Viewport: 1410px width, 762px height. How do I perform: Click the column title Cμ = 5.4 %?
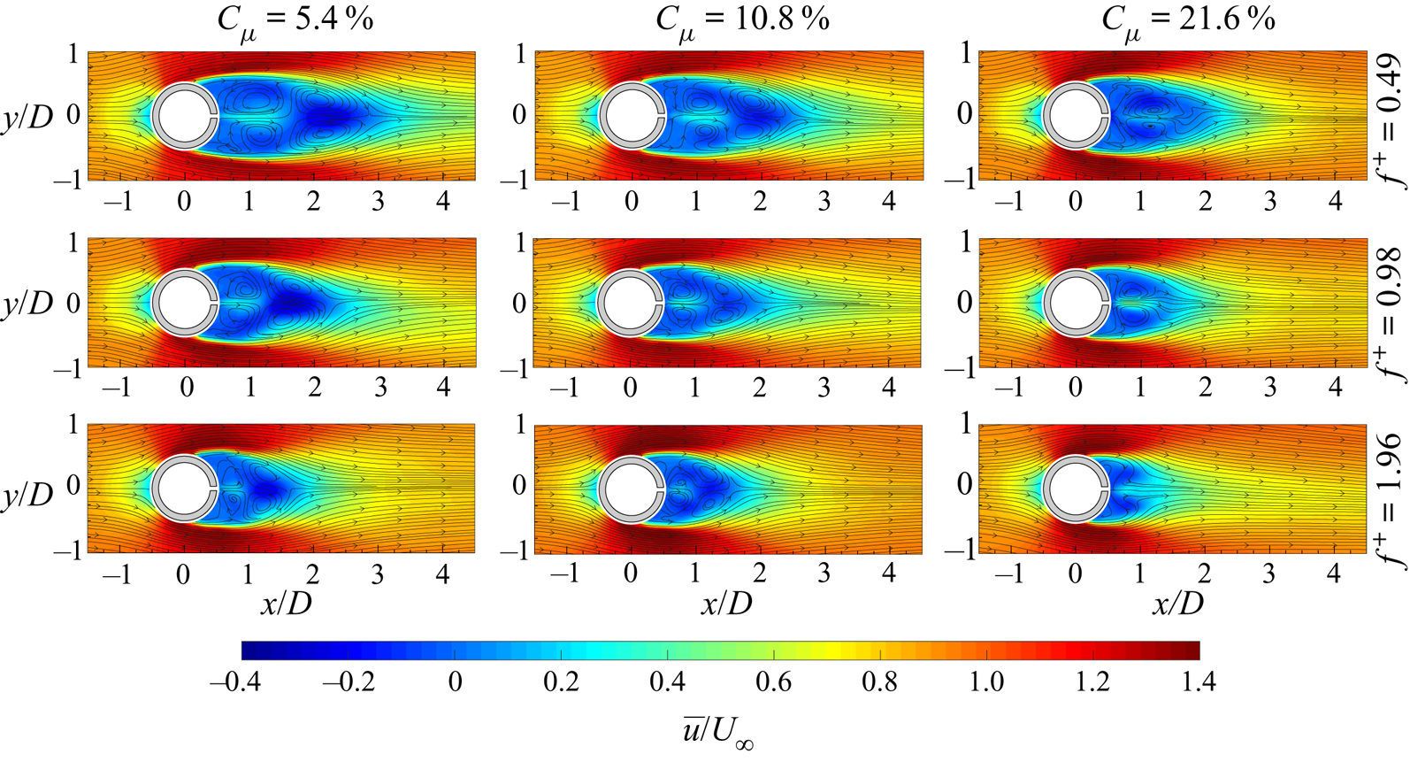pos(295,20)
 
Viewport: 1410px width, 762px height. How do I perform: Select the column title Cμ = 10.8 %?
pos(741,20)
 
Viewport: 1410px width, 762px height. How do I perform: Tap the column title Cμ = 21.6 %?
pos(1187,20)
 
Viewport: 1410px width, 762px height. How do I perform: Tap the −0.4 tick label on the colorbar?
pos(234,682)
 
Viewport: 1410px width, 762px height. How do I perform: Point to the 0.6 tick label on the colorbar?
pos(774,682)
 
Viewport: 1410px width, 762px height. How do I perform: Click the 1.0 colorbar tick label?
pos(986,682)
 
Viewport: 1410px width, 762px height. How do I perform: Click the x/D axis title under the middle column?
pos(726,604)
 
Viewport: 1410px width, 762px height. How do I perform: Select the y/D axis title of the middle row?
pos(27,304)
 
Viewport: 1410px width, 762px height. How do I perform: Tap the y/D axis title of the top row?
pos(27,116)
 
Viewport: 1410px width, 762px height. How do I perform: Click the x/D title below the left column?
pos(286,604)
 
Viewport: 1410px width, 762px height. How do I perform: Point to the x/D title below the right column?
pos(1177,604)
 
